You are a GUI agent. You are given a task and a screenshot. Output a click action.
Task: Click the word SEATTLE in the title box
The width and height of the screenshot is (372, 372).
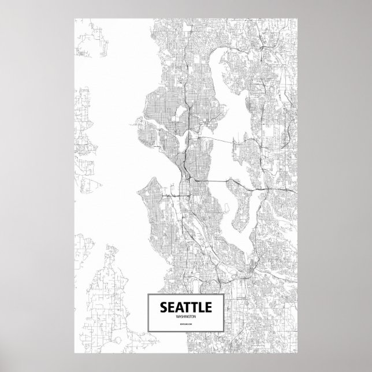tap(186, 306)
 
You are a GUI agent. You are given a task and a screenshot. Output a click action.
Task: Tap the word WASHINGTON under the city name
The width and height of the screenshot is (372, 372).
tap(186, 317)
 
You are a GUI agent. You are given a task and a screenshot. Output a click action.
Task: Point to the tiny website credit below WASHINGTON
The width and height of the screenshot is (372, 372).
tap(186, 326)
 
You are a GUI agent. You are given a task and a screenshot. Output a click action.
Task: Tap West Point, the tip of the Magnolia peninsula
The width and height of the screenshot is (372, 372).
tap(134, 122)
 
